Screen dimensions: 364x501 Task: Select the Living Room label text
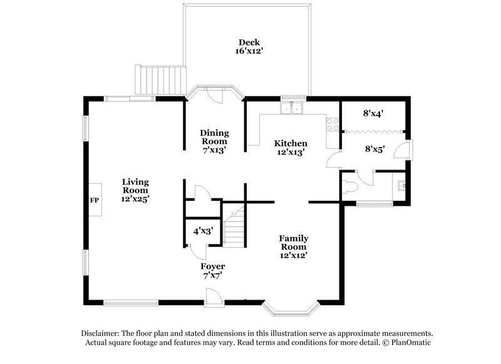pyautogui.click(x=135, y=190)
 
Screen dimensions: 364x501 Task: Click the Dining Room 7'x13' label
pyautogui.click(x=214, y=141)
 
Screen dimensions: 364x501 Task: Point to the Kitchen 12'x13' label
pyautogui.click(x=291, y=147)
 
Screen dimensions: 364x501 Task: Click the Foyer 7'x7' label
pyautogui.click(x=213, y=270)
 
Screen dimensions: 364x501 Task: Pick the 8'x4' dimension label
pyautogui.click(x=373, y=114)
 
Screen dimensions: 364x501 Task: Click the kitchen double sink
pyautogui.click(x=292, y=109)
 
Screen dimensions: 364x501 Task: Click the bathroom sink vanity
pyautogui.click(x=401, y=185)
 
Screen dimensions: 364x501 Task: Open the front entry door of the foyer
pyautogui.click(x=214, y=296)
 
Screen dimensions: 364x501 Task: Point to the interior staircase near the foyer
pyautogui.click(x=234, y=228)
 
